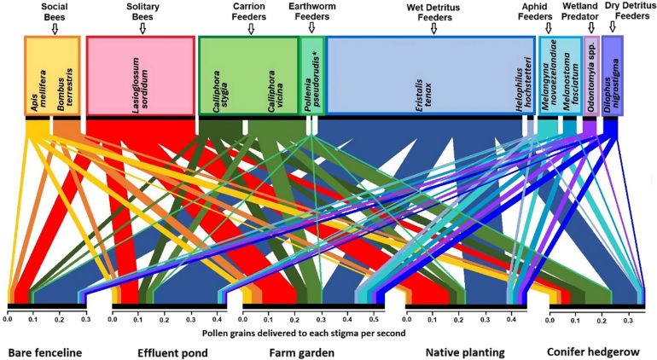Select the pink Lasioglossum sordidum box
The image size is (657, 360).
(141, 76)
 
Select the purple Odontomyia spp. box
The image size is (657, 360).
(590, 77)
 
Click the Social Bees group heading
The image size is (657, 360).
(55, 12)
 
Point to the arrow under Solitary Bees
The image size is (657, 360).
(142, 29)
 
